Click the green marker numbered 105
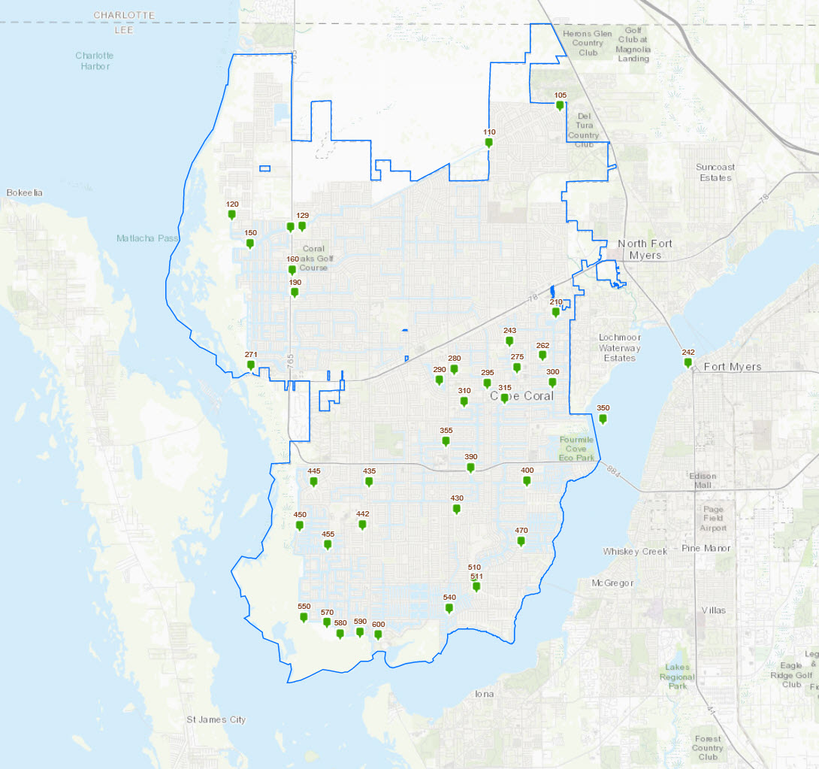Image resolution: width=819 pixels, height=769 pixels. tap(560, 105)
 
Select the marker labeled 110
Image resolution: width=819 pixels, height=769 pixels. tap(489, 142)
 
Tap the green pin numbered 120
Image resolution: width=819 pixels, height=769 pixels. tap(232, 214)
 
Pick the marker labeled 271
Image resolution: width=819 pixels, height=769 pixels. tap(251, 365)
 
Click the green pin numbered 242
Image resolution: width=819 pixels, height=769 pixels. tap(688, 362)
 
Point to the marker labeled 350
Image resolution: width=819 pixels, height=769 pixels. tap(603, 419)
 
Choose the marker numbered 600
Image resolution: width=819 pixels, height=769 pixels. tap(378, 634)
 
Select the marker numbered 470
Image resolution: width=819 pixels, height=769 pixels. tap(521, 540)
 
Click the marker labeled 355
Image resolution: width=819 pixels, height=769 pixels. tap(446, 441)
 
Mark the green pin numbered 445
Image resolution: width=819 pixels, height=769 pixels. tap(314, 481)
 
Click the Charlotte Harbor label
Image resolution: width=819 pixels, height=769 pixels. tap(94, 61)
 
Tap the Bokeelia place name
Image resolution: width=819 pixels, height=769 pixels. tap(25, 193)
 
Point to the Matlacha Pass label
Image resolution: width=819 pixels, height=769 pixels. tap(146, 238)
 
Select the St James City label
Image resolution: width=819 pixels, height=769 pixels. tap(216, 720)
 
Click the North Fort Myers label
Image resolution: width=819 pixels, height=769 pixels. tap(645, 249)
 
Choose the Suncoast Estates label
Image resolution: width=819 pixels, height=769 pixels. tap(715, 172)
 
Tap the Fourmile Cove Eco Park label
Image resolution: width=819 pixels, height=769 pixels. tap(577, 448)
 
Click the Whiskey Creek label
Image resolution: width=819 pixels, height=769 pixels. tap(635, 552)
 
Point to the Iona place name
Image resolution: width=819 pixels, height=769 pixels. tap(485, 694)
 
